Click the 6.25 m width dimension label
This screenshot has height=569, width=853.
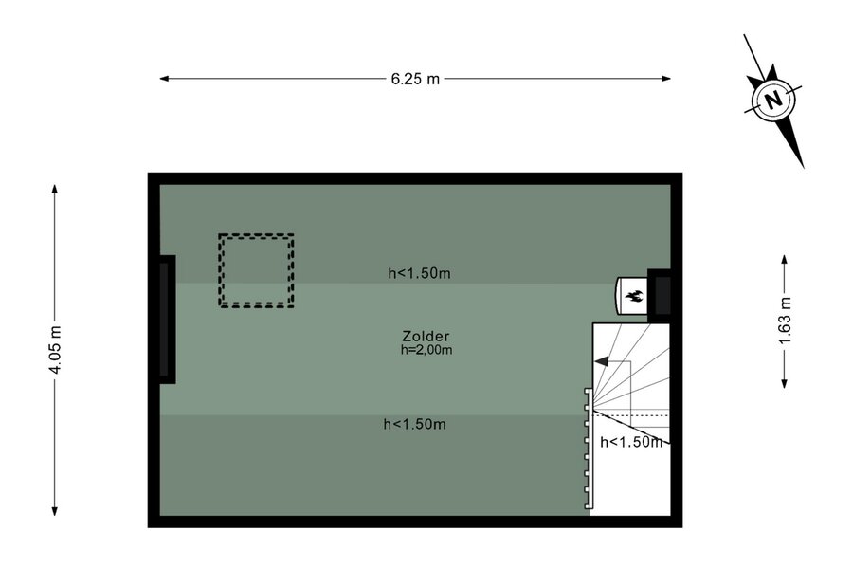point(415,79)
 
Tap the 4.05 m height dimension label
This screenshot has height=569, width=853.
point(55,350)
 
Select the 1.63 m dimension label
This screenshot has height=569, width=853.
point(785,321)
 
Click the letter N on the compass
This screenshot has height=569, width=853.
point(773,101)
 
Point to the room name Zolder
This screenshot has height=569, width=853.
point(426,336)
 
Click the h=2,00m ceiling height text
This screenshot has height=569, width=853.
point(426,350)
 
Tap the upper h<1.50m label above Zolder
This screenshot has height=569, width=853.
point(420,273)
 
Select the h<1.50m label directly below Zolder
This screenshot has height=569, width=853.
point(415,424)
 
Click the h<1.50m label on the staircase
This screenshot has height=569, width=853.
point(631,442)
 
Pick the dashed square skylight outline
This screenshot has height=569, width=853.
point(256,236)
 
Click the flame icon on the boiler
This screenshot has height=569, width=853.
point(634,296)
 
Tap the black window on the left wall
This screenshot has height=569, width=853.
point(167,319)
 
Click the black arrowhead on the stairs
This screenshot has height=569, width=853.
point(601,361)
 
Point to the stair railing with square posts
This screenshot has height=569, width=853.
point(588,450)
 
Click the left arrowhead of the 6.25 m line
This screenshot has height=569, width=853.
point(164,79)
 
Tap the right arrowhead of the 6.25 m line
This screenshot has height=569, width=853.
point(666,79)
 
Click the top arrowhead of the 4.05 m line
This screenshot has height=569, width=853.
point(54,189)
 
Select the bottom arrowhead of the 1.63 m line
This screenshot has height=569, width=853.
point(785,384)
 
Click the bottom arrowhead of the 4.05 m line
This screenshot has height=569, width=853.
point(54,511)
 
